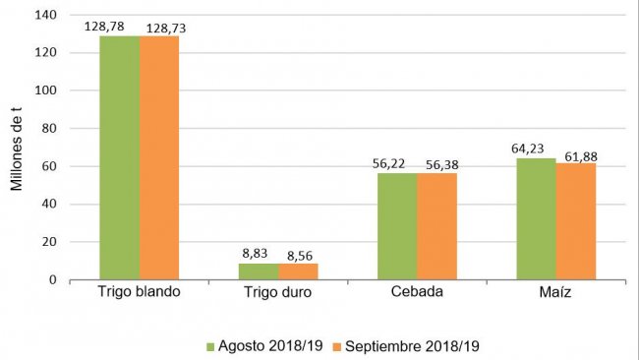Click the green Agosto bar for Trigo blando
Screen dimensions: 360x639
[119, 157]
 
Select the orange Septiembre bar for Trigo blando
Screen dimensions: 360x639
[159, 157]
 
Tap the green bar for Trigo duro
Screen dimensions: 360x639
[258, 271]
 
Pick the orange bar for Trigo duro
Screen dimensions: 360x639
[298, 271]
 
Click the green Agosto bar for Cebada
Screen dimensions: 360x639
[396, 226]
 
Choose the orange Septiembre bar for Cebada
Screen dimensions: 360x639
[436, 226]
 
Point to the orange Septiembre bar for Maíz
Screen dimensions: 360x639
[575, 221]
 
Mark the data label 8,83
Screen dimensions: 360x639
[258, 255]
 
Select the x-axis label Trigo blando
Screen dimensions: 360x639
[139, 293]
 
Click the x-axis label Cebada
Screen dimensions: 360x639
[416, 293]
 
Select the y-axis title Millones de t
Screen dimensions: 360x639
[17, 148]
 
